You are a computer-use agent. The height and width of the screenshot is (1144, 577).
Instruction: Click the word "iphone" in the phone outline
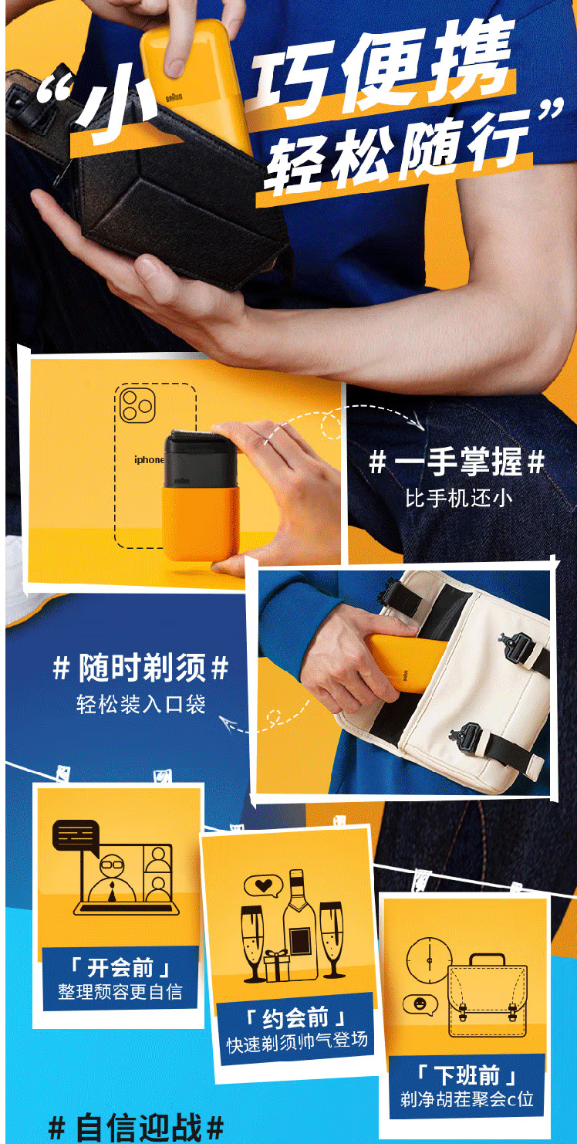tap(149, 459)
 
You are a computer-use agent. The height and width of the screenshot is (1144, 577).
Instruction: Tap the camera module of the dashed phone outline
tap(137, 405)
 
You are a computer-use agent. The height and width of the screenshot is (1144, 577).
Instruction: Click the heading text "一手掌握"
tap(457, 462)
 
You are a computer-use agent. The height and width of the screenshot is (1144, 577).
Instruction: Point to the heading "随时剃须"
tap(142, 667)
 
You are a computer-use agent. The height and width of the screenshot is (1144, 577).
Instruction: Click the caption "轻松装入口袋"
tap(141, 704)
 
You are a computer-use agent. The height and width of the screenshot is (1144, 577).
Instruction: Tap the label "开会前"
tap(120, 966)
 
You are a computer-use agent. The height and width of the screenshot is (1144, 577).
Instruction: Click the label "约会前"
tap(296, 1017)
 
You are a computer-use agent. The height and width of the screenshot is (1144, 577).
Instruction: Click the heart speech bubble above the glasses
tap(263, 886)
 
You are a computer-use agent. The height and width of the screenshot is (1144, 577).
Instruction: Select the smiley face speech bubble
tap(420, 1004)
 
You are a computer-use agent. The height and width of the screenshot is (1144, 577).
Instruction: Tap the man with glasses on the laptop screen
tap(112, 879)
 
